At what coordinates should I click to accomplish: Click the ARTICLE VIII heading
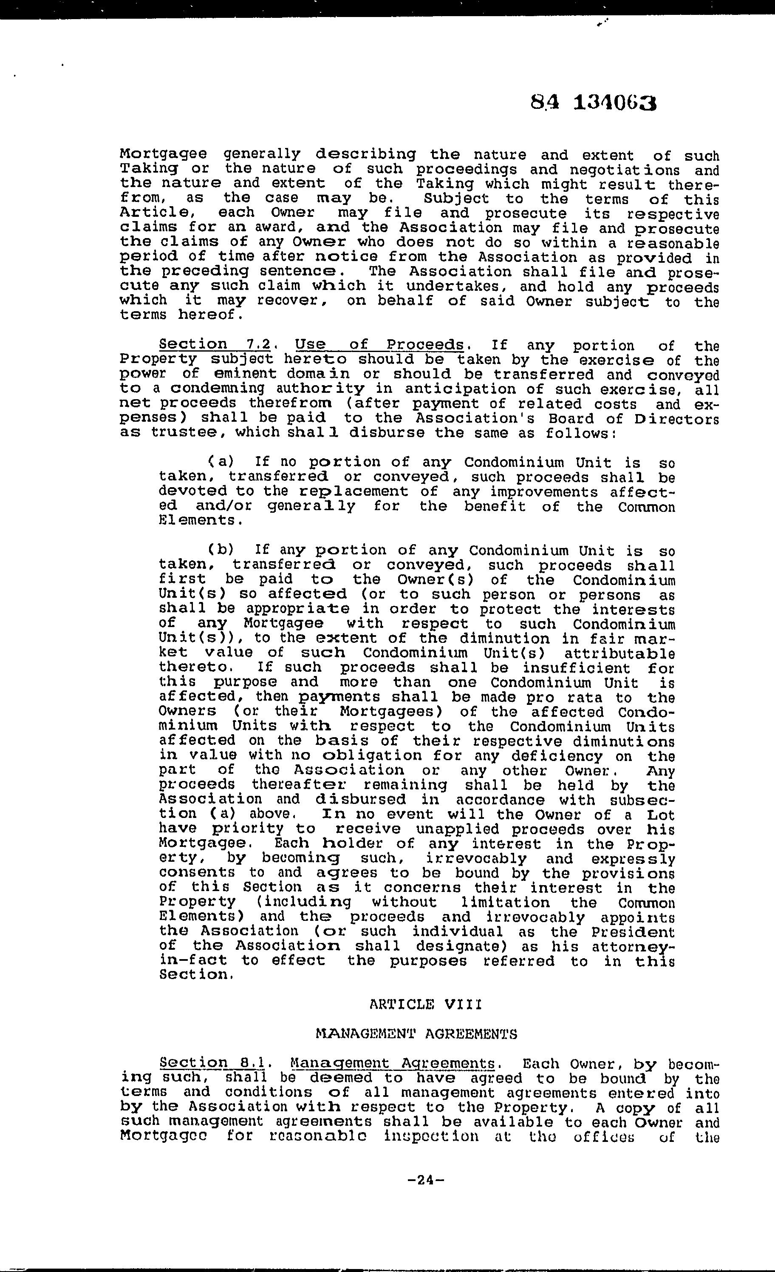pyautogui.click(x=426, y=1005)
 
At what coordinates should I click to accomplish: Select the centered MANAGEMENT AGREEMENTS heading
pyautogui.click(x=416, y=1034)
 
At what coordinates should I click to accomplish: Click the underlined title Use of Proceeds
pyautogui.click(x=379, y=345)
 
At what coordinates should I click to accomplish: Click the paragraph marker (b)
pyautogui.click(x=221, y=550)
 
